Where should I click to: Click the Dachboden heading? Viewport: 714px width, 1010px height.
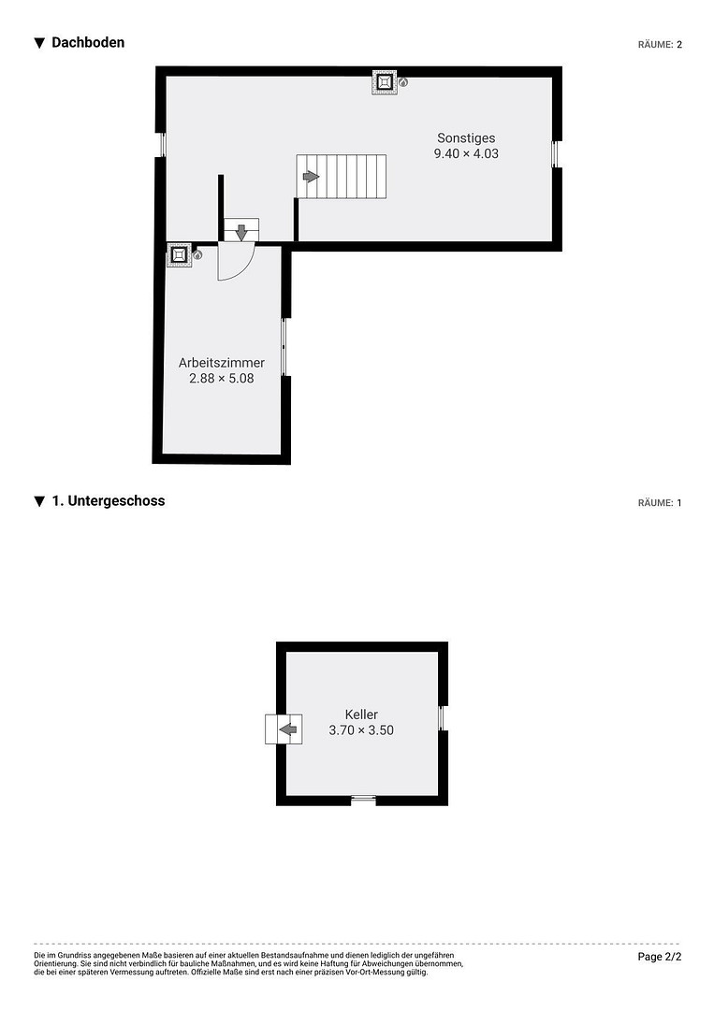[88, 42]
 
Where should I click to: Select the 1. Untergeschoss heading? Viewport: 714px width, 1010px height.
[109, 500]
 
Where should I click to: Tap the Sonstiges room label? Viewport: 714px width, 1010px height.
[466, 137]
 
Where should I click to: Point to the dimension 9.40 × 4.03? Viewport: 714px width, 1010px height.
[466, 153]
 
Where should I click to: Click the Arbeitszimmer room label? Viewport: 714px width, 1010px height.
[222, 363]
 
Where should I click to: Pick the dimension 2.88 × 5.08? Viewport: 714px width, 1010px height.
[222, 378]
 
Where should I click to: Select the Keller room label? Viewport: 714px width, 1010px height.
[361, 714]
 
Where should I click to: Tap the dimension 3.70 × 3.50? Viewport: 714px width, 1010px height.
[361, 729]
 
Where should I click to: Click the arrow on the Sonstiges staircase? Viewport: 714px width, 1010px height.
[312, 176]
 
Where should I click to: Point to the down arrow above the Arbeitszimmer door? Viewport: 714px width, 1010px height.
[241, 232]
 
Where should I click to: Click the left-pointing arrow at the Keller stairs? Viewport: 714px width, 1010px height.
[287, 729]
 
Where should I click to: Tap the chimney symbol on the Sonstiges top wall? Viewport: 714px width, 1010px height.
[384, 82]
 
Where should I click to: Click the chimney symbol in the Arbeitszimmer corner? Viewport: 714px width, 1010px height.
[179, 255]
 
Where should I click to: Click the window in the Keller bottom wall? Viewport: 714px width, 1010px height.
[363, 800]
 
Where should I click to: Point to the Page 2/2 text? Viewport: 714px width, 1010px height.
[659, 957]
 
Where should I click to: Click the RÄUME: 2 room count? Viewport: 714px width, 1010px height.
[660, 45]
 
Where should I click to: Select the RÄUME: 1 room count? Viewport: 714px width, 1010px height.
[660, 502]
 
